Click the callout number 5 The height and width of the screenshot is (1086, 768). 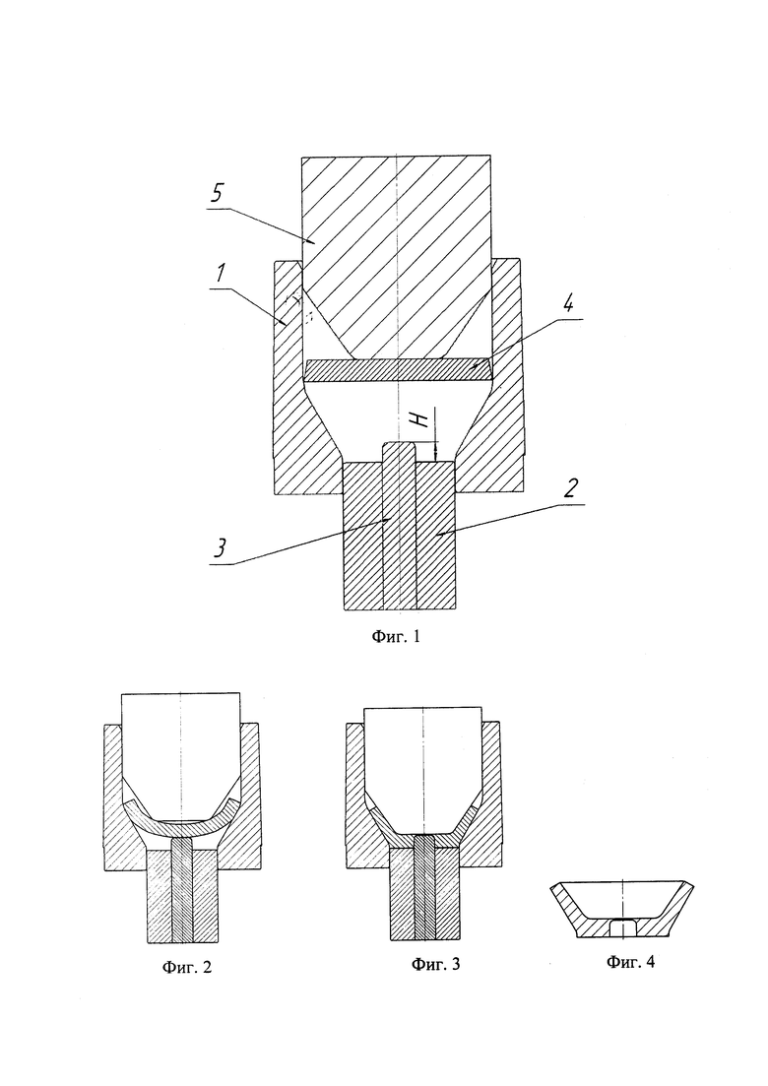click(x=217, y=193)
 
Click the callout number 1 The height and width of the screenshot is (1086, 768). click(x=220, y=273)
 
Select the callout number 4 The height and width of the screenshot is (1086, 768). click(x=568, y=304)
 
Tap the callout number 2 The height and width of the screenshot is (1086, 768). click(x=568, y=489)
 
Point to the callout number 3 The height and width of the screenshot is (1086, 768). click(x=219, y=547)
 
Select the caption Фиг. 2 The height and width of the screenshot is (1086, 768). click(x=187, y=967)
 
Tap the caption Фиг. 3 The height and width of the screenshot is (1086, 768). click(x=435, y=963)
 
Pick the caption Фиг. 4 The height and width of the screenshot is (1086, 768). click(x=630, y=961)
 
